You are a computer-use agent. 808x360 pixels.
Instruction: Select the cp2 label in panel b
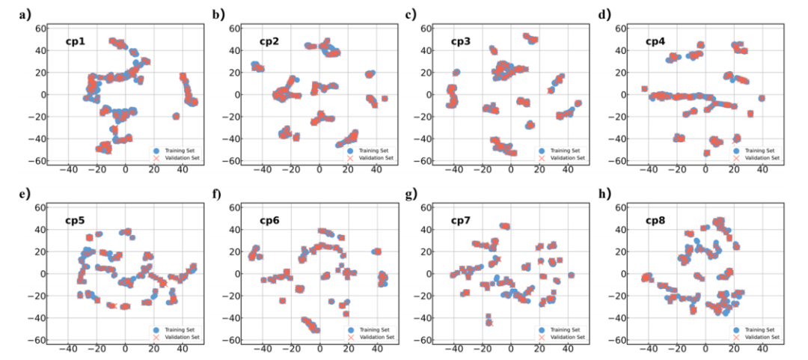(x=270, y=41)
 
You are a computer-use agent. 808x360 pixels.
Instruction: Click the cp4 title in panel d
(x=657, y=41)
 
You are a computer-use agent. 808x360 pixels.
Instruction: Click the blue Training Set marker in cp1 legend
(x=156, y=150)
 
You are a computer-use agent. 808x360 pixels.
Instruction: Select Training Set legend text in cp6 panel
(x=374, y=329)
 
